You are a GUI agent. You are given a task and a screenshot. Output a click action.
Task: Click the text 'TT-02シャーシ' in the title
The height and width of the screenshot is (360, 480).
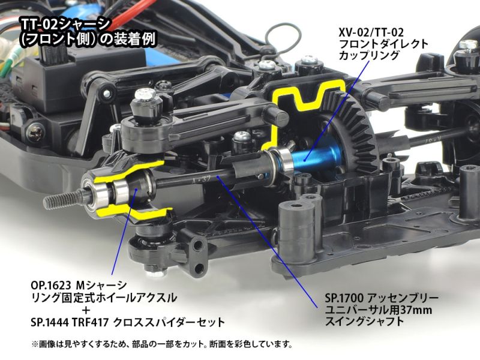coord(65,25)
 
